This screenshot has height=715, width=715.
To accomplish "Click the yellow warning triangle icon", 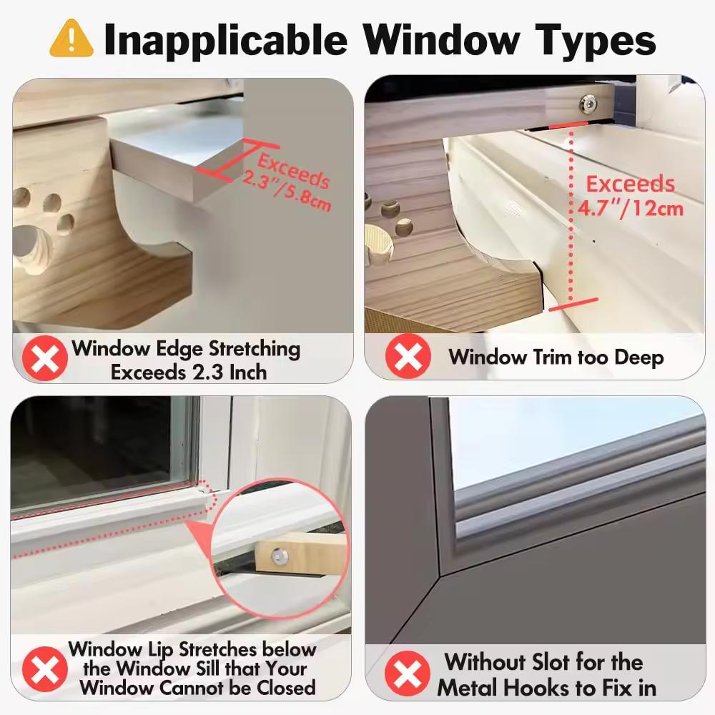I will point(71,39).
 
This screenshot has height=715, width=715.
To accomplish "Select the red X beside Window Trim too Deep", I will point(408,356).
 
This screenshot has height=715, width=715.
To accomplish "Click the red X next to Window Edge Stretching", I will point(45,360).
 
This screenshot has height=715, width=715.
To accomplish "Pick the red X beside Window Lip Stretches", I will point(45,668).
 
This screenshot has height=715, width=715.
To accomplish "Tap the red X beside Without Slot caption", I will point(408,674).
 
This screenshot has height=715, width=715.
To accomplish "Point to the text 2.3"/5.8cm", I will point(287,197).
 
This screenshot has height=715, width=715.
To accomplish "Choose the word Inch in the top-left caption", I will point(244,372).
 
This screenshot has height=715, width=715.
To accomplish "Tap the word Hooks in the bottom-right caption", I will point(559,688).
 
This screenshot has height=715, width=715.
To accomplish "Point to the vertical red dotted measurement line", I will point(572,214).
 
